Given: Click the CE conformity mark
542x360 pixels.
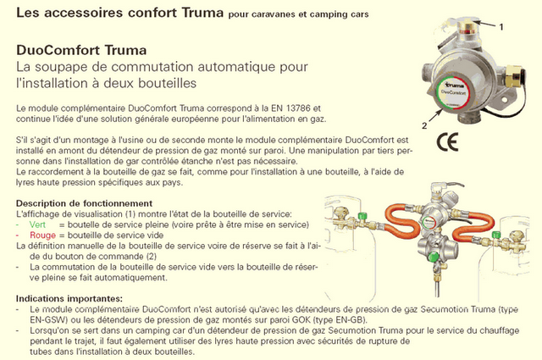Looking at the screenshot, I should tap(448, 141).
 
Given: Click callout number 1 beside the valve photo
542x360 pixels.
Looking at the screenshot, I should tap(501, 26).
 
